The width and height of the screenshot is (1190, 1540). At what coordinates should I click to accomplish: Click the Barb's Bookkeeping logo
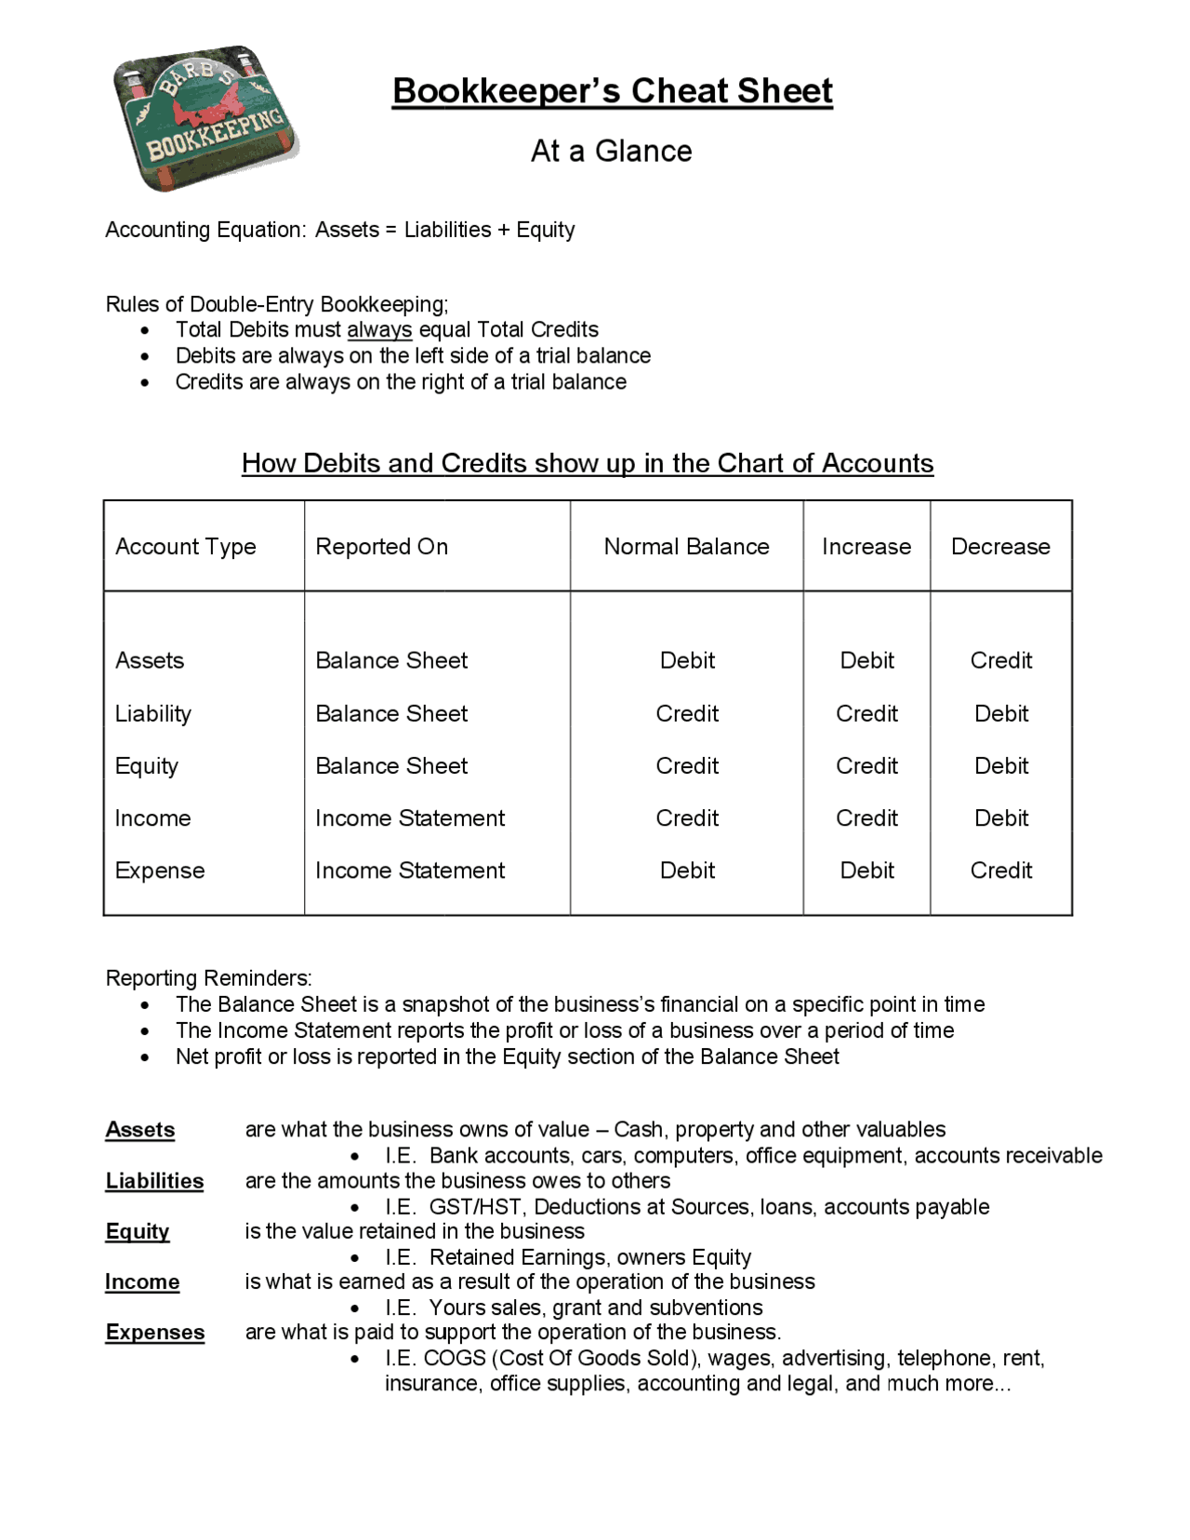(x=205, y=118)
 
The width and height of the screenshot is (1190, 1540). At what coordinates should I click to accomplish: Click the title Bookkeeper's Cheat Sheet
(x=612, y=91)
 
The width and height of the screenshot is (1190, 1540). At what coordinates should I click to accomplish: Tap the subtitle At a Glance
(x=611, y=151)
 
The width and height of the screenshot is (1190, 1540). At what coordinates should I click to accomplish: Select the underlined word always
(x=379, y=330)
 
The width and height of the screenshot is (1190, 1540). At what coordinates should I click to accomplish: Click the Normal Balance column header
(x=686, y=547)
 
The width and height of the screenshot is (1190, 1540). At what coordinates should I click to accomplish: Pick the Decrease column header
(x=1000, y=547)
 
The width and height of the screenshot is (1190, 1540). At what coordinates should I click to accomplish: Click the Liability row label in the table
(x=153, y=714)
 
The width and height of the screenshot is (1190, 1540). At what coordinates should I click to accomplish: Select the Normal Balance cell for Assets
(x=687, y=661)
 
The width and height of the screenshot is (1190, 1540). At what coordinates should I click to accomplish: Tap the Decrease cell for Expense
(x=1000, y=871)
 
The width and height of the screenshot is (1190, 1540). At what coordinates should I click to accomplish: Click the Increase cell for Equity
(x=866, y=766)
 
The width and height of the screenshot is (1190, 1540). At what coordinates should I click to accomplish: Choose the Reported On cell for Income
(x=409, y=819)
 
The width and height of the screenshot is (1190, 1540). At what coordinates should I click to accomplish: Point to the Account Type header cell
(x=185, y=547)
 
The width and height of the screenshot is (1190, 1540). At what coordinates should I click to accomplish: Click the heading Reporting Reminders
(x=208, y=978)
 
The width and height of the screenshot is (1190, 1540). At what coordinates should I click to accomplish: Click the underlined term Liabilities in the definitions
(x=154, y=1181)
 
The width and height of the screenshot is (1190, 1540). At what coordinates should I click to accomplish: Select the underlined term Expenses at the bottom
(x=154, y=1333)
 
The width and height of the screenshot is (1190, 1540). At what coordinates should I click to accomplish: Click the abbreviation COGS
(x=454, y=1359)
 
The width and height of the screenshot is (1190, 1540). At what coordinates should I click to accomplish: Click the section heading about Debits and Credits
(x=588, y=463)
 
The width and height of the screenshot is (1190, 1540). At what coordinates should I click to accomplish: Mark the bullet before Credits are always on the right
(x=145, y=383)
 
